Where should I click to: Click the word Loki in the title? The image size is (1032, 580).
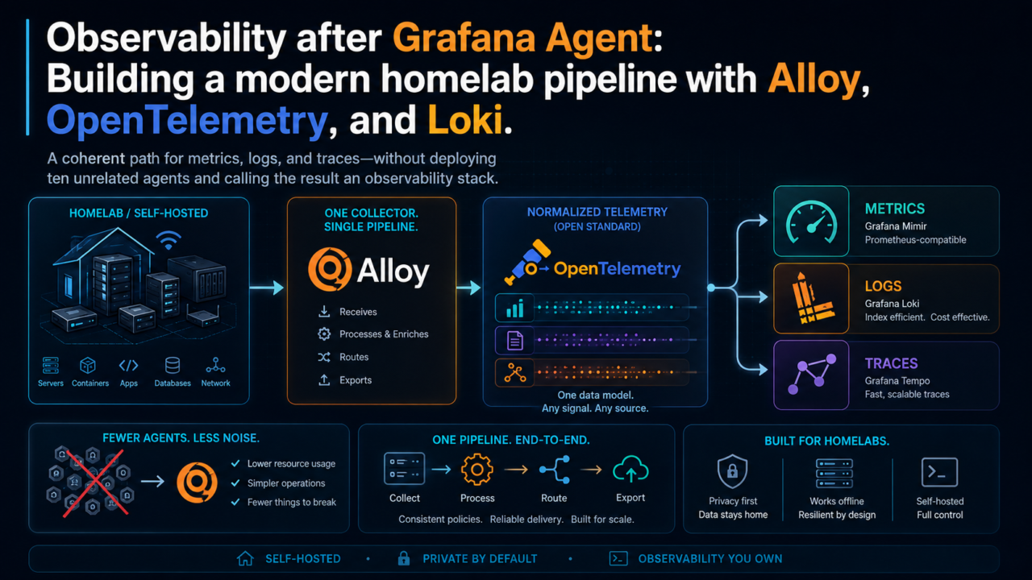(x=464, y=120)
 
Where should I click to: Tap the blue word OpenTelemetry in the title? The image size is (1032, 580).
(x=187, y=121)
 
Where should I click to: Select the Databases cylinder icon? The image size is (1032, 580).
(x=173, y=366)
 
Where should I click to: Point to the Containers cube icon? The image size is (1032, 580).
(x=88, y=366)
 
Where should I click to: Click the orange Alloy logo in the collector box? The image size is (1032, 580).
(x=330, y=269)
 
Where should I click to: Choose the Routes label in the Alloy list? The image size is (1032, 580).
(x=354, y=357)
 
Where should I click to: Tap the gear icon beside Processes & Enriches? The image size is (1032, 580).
(x=324, y=333)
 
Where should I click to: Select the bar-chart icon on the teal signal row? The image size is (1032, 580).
(x=515, y=308)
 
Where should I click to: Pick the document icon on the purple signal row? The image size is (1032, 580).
(x=514, y=341)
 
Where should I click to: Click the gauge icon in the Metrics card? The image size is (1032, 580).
(x=811, y=222)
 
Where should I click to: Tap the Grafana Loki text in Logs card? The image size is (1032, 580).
(x=892, y=304)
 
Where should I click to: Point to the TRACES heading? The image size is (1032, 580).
(x=891, y=363)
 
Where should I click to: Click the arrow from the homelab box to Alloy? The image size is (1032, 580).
(x=266, y=288)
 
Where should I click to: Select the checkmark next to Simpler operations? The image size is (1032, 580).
(x=235, y=483)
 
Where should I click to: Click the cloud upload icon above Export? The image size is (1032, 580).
(x=630, y=469)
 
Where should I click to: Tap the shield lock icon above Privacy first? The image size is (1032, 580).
(x=732, y=471)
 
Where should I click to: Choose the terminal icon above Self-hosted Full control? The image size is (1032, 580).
(x=939, y=472)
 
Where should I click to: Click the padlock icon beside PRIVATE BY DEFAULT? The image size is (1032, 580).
(x=404, y=558)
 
